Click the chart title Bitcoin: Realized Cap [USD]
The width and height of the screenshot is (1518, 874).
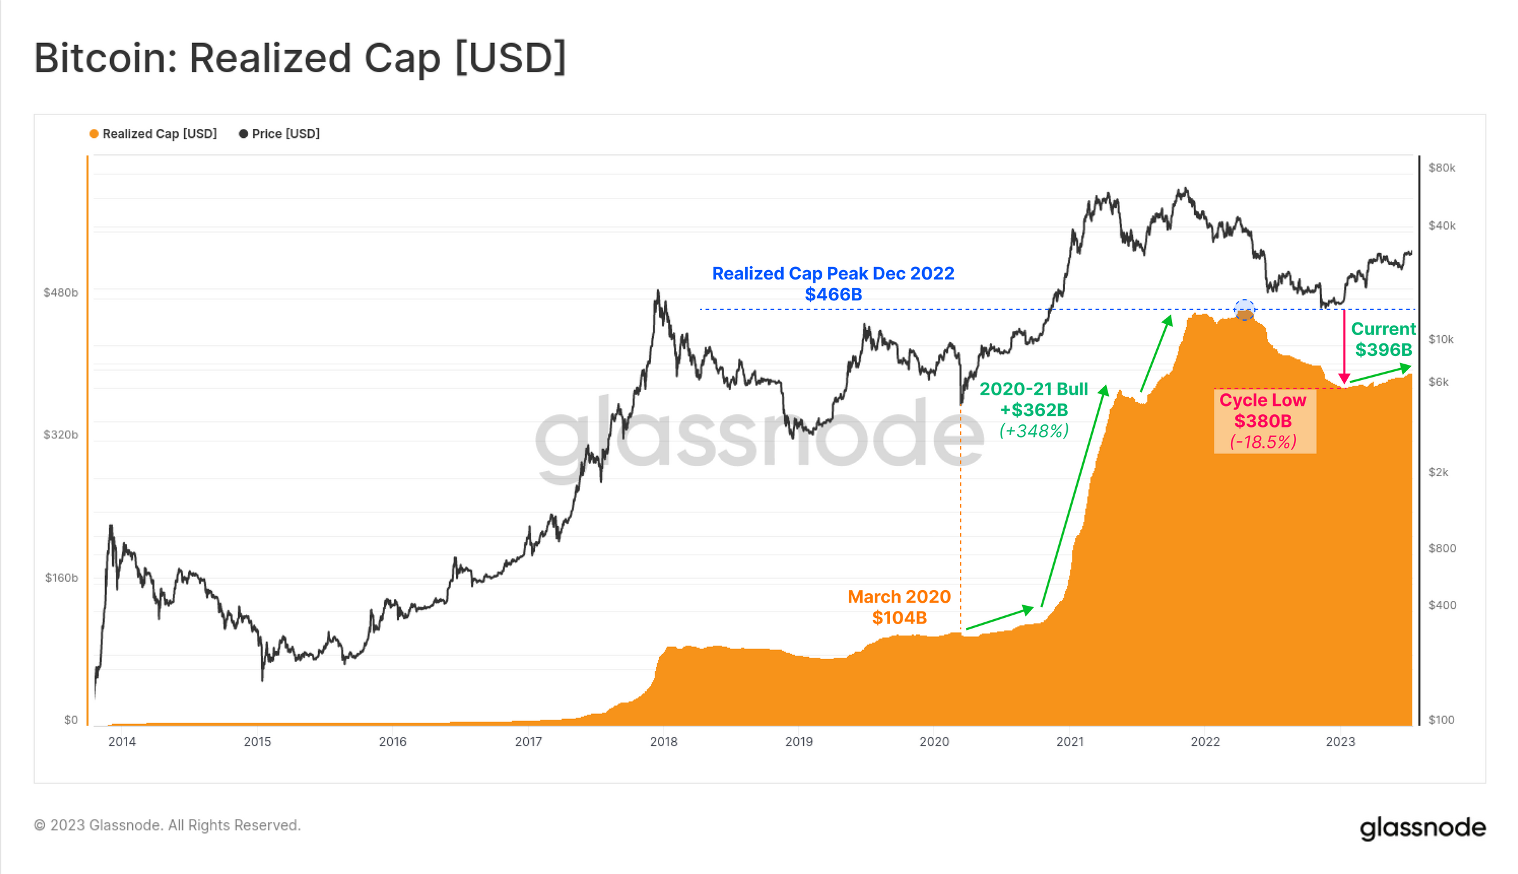pos(300,58)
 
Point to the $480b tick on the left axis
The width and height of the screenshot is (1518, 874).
pos(61,292)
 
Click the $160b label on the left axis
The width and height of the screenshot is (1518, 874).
pos(61,577)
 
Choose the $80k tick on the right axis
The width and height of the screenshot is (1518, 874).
pos(1441,168)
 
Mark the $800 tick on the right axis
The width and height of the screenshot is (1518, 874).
pos(1441,548)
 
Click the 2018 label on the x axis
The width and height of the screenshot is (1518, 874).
pos(663,742)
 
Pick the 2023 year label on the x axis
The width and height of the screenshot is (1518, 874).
pos(1340,742)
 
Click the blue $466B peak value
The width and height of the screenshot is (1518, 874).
pos(833,295)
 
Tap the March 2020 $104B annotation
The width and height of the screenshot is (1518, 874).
pos(899,607)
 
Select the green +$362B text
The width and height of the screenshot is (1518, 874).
pos(1034,410)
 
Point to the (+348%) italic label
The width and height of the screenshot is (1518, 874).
pos(1034,431)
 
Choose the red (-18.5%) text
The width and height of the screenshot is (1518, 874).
pos(1262,442)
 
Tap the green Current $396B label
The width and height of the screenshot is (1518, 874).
pos(1383,340)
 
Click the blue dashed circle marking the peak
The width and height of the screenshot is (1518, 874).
pos(1244,310)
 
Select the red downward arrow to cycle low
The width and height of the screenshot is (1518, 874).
pos(1344,348)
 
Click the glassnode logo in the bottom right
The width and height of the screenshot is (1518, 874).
pos(1422,828)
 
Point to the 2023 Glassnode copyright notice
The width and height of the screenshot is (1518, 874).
pos(167,825)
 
